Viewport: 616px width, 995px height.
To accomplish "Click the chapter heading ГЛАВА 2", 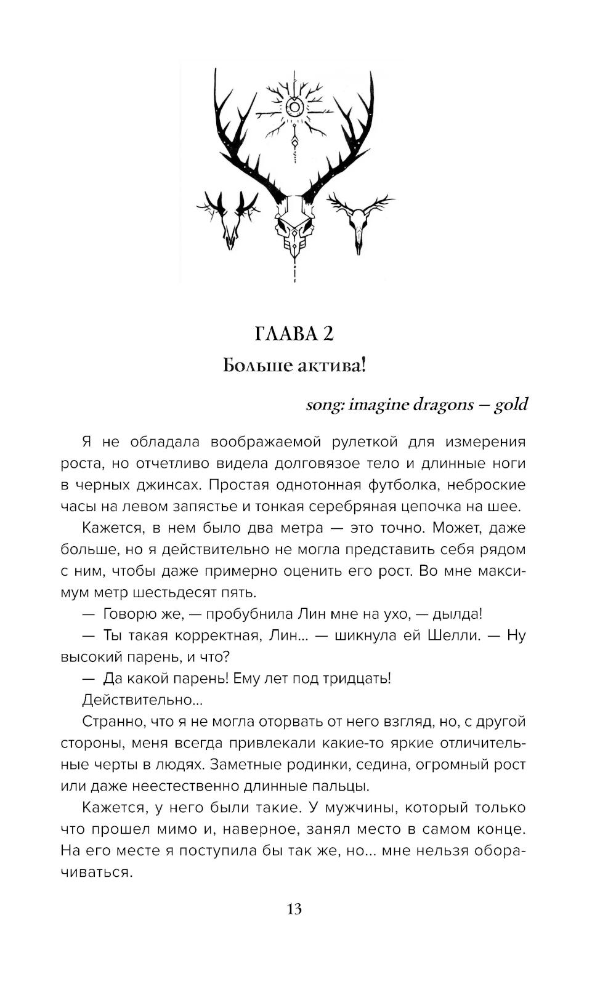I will point(294,334).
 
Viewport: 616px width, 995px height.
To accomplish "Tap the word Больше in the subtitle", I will point(249,366).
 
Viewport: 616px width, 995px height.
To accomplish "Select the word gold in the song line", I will point(511,405).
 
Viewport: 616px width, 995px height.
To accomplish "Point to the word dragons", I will point(442,405).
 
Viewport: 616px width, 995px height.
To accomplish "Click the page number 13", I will point(294,909).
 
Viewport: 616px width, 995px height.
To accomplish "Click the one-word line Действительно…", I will point(141,700).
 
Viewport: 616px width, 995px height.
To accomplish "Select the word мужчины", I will point(357,808).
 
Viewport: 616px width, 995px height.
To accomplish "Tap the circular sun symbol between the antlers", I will point(295,108).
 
